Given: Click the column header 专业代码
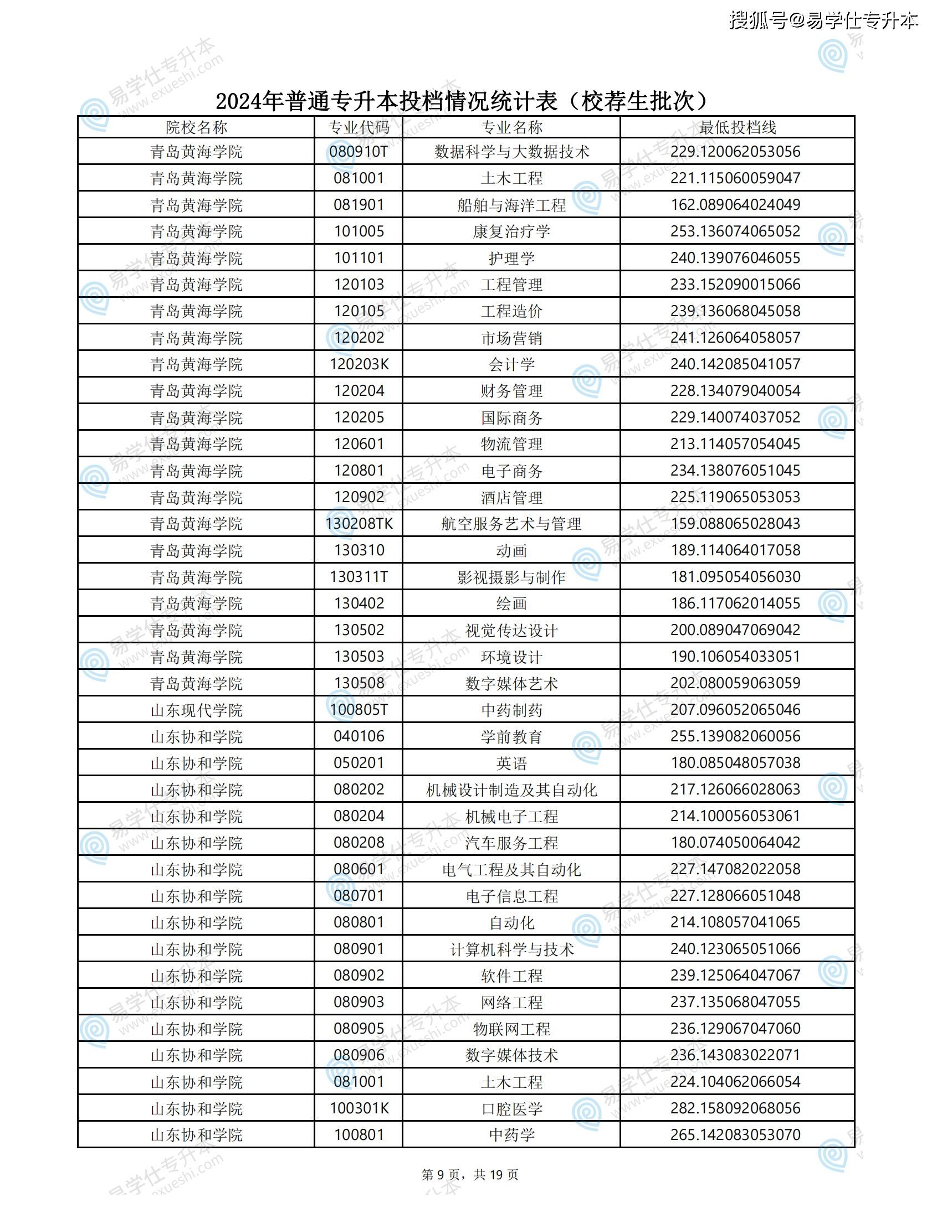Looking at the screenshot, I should click(359, 127).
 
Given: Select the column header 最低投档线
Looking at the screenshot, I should click(736, 127).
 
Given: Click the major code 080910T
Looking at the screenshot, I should click(359, 151).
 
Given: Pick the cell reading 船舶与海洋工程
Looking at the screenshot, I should click(511, 205).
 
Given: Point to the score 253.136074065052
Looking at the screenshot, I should click(735, 231).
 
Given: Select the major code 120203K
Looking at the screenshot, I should click(359, 364).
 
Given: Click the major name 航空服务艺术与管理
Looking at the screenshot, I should click(511, 523).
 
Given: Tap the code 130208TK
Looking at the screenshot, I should click(359, 523).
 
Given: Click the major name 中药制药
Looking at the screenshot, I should click(511, 710).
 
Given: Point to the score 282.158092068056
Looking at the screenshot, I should click(735, 1108).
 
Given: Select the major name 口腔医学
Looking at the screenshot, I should click(511, 1108).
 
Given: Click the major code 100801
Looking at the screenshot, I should click(359, 1134).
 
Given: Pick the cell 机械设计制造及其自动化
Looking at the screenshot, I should click(511, 789).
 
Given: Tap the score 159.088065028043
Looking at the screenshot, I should click(735, 523).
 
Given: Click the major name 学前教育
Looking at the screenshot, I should click(511, 737).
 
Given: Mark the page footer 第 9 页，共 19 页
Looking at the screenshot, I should click(470, 1174).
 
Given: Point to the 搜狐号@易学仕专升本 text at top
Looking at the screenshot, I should click(823, 20).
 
